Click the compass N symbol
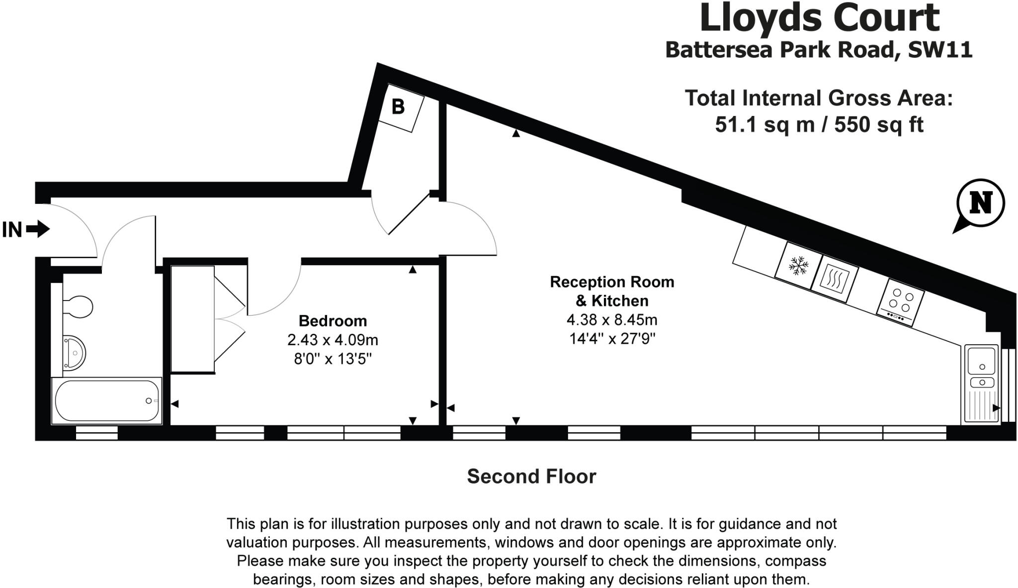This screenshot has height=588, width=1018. pyautogui.click(x=980, y=203)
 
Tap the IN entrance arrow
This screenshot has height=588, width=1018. pyautogui.click(x=38, y=229)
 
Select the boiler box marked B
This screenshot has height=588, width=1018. pyautogui.click(x=401, y=107)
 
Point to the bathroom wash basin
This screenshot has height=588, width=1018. pyautogui.click(x=74, y=353)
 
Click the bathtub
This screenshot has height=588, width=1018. pyautogui.click(x=106, y=401)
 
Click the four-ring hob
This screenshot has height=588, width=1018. pyautogui.click(x=901, y=301)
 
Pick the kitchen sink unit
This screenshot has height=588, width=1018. pyautogui.click(x=981, y=384)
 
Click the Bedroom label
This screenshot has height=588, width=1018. pyautogui.click(x=333, y=321)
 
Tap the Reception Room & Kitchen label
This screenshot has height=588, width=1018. pyautogui.click(x=612, y=291)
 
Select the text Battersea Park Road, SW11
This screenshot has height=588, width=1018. pyautogui.click(x=818, y=50)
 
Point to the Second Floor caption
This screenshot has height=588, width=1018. pyautogui.click(x=531, y=477)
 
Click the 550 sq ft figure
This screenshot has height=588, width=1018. pyautogui.click(x=878, y=124)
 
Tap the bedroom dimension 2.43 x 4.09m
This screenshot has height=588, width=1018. pyautogui.click(x=333, y=340)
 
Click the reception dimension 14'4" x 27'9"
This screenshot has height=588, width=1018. pyautogui.click(x=612, y=339)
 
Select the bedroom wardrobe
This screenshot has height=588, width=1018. pyautogui.click(x=193, y=319)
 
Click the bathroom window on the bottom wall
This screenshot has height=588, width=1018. pyautogui.click(x=96, y=433)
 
